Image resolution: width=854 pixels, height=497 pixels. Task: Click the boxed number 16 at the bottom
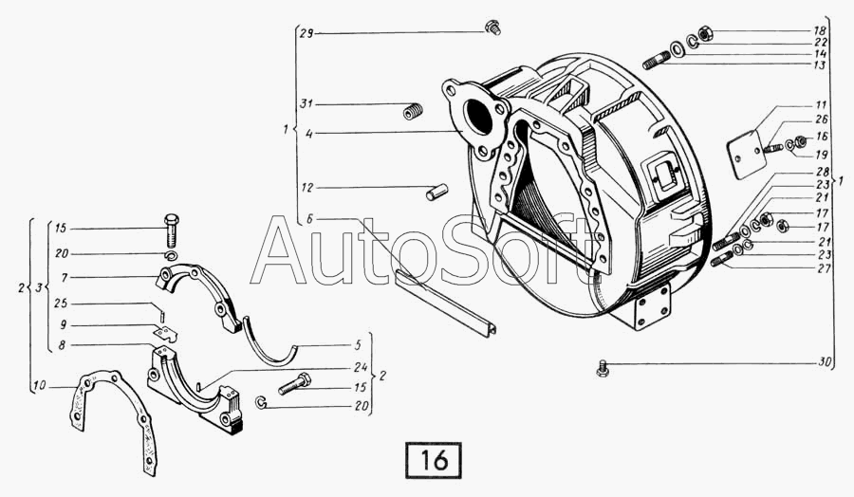click(x=434, y=461)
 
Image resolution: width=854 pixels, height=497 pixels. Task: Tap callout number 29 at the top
click(x=306, y=34)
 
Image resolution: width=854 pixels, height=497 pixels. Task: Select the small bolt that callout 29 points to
click(x=492, y=27)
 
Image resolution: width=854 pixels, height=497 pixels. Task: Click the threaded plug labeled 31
click(x=413, y=112)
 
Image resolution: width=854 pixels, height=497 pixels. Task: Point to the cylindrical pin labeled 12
click(x=436, y=192)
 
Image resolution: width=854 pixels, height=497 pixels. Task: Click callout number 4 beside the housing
click(x=308, y=134)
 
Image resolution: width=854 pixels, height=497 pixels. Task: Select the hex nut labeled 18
click(x=704, y=34)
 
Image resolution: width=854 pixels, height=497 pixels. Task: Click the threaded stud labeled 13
click(x=657, y=60)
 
